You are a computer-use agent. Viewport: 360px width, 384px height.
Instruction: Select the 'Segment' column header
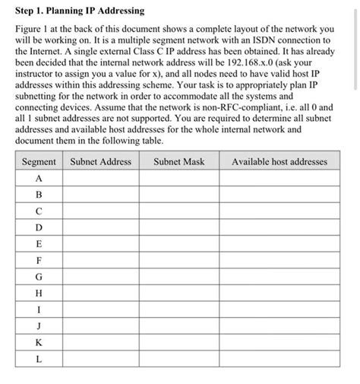pos(39,161)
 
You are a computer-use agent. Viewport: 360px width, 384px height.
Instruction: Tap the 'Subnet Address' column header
pos(100,161)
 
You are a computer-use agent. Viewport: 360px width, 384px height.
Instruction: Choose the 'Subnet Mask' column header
pos(178,161)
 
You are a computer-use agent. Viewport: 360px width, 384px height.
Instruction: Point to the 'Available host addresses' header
pos(279,161)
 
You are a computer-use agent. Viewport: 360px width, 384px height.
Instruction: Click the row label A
pos(39,178)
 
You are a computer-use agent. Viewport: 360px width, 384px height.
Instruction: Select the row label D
pos(39,227)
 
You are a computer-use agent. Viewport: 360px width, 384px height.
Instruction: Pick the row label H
pos(39,293)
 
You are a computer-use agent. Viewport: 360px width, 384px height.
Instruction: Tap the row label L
pos(39,358)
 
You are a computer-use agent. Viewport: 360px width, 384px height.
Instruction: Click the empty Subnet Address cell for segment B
pos(100,195)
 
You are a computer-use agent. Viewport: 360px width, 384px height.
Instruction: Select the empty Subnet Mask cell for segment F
pos(178,260)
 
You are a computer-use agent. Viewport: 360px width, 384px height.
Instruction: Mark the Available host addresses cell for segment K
pos(279,342)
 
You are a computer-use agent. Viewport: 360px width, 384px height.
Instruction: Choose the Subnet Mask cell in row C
pos(178,211)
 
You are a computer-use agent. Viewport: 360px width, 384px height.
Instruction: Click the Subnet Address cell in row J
pos(100,325)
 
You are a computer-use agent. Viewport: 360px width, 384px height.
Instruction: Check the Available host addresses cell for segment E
pos(279,243)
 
